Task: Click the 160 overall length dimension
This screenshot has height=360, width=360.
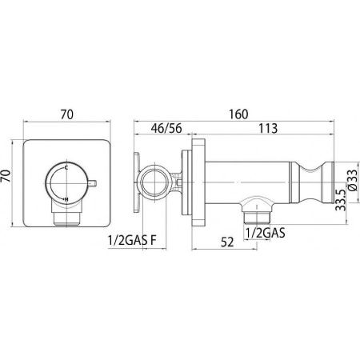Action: point(238,114)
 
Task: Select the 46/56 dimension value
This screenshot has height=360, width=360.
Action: point(166,128)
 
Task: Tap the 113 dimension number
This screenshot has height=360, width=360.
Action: point(268,128)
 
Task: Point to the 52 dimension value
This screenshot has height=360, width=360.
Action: point(227,242)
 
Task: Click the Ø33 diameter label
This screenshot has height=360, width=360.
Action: point(353,180)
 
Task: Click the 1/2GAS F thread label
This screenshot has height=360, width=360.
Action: point(132,240)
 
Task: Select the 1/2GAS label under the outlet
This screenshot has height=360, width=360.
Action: point(265,234)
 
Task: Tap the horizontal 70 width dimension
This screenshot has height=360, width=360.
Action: point(66,114)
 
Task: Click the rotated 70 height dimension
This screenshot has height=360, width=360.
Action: point(6,176)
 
